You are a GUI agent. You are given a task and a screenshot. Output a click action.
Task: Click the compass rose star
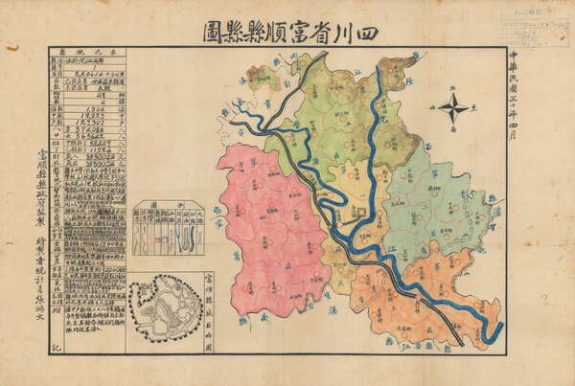point(452,106)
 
